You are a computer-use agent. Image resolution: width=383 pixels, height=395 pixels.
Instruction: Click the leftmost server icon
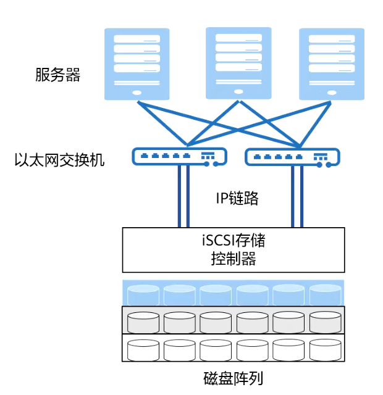[137, 64]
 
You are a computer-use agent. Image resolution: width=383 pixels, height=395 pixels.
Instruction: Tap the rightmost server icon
[330, 64]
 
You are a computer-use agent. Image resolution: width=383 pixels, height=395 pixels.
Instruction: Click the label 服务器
[58, 76]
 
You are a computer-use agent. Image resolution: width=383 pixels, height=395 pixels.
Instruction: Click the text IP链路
[237, 199]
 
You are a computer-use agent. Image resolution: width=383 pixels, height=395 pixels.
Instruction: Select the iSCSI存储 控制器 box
[234, 249]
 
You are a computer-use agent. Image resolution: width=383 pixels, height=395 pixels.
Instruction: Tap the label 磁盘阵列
[234, 378]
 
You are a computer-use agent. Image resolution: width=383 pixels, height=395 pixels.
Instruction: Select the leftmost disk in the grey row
[143, 322]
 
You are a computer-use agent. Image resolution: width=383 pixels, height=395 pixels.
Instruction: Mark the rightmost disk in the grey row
[325, 322]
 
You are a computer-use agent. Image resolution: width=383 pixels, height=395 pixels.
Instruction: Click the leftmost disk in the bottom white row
[143, 349]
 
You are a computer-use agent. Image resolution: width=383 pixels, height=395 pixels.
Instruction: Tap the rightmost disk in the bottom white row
[325, 349]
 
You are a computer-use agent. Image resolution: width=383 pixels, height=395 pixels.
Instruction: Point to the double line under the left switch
[183, 196]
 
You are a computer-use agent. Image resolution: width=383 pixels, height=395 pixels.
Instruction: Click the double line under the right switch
[297, 196]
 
